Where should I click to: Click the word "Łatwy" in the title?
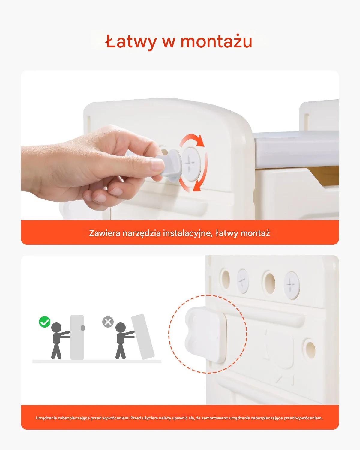point(131,42)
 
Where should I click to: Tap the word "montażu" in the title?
point(217,41)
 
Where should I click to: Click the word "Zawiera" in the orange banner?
point(105,233)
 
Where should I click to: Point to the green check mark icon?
point(45,328)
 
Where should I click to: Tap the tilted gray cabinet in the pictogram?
point(143,337)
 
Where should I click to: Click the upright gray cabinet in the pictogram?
point(77,337)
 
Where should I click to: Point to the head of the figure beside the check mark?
point(56,328)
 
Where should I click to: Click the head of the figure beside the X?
point(121,328)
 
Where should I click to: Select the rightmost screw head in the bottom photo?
point(292,285)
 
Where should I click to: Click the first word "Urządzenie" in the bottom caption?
point(46,418)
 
